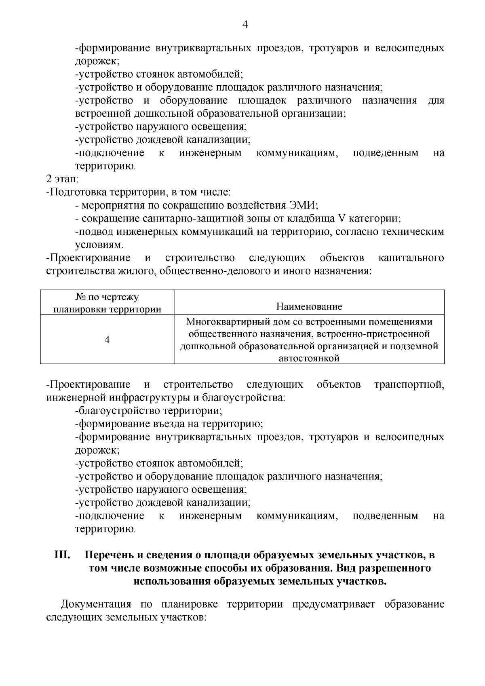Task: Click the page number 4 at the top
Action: [245, 25]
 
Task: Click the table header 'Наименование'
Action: [309, 306]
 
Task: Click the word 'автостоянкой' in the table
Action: [309, 358]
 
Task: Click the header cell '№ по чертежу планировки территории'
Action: [107, 304]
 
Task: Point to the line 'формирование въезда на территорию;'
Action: [169, 424]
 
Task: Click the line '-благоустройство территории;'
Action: [149, 411]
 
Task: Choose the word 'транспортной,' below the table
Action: [409, 384]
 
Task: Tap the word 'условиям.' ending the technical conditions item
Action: [99, 245]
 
